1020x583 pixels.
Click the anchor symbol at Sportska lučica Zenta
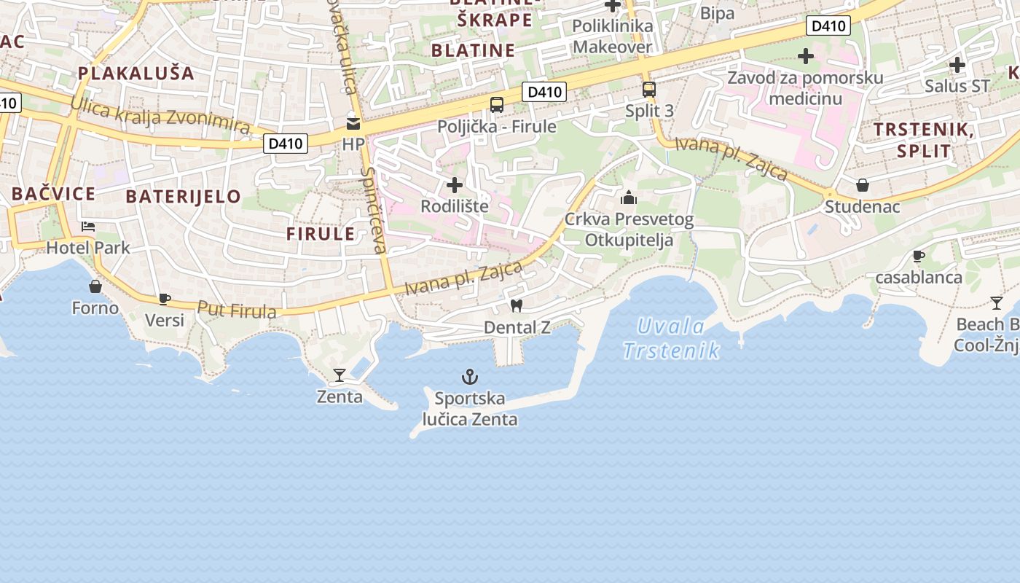coord(470,377)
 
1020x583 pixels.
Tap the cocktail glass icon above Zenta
coord(340,375)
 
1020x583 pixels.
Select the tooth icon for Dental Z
coord(517,306)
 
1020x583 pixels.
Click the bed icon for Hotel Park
coord(88,227)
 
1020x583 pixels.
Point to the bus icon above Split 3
coord(648,90)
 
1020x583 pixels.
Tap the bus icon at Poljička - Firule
coord(497,105)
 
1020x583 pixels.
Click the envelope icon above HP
coord(353,123)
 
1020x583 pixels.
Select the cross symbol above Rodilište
coord(455,185)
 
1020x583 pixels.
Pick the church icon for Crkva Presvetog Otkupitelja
coord(628,197)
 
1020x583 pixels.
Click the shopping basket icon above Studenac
coord(863,185)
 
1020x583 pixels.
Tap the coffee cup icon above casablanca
coord(919,256)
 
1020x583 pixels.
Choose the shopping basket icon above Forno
coord(95,286)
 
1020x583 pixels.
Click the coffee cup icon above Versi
coord(165,299)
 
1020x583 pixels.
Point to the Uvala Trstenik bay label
coord(671,338)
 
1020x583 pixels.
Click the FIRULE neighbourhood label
coord(321,234)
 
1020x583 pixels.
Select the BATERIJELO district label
coord(183,196)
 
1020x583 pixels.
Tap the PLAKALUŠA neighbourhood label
coord(136,73)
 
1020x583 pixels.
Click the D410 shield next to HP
coord(286,144)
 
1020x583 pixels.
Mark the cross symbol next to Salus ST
coord(957,65)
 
